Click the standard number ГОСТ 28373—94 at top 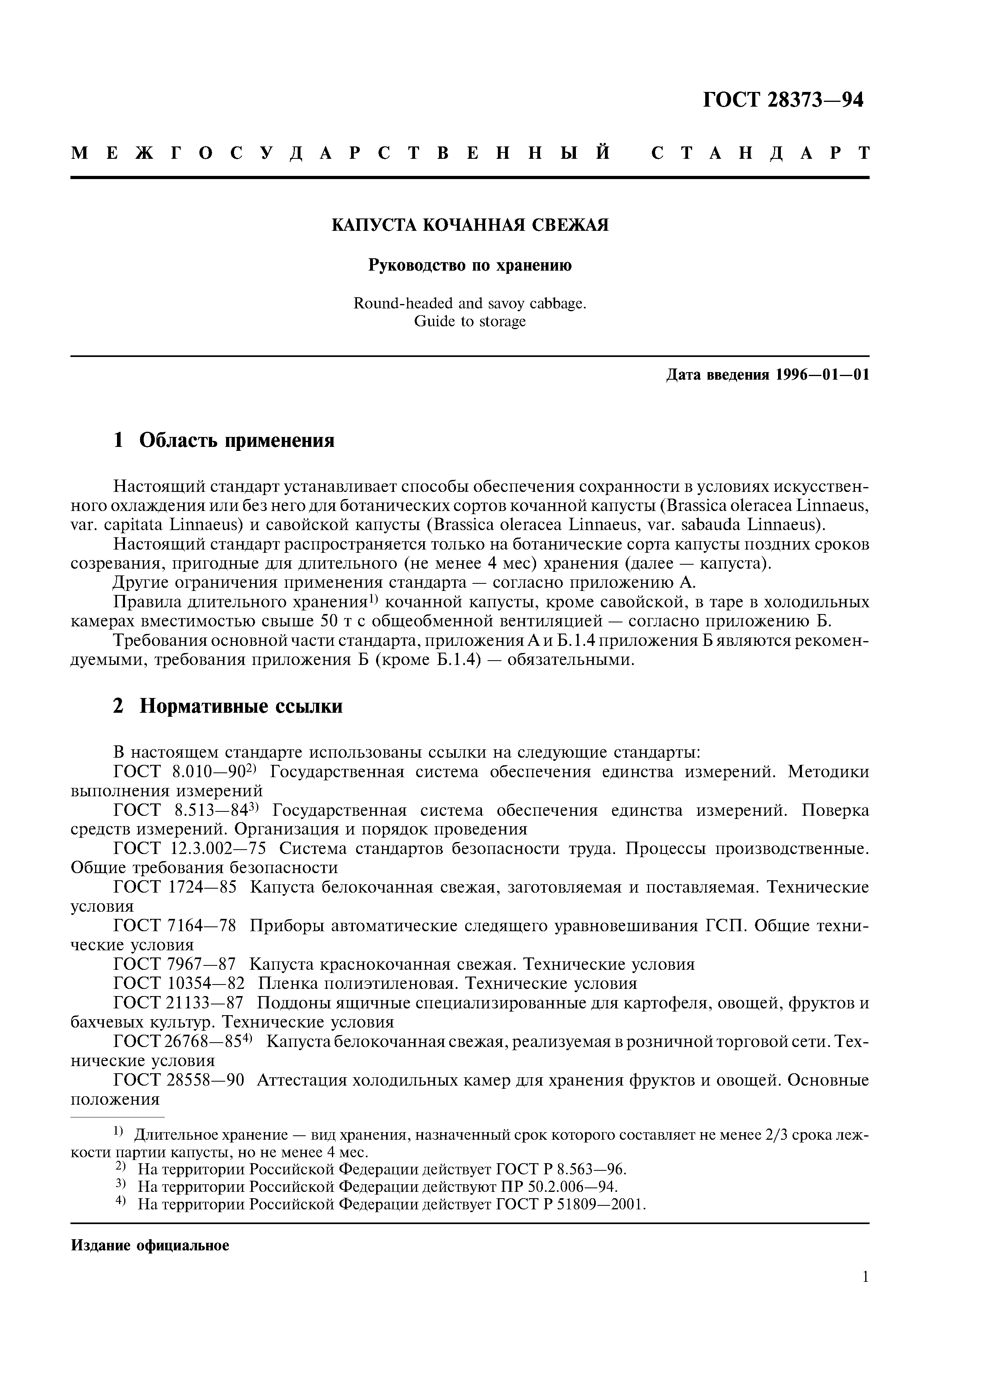pos(783,100)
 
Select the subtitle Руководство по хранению pos(470,266)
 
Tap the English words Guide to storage pos(470,322)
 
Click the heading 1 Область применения pos(224,440)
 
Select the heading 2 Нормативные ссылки pos(228,706)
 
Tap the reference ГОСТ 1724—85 pos(175,888)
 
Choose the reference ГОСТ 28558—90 pos(179,1080)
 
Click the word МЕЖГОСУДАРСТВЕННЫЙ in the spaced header pos(341,153)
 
